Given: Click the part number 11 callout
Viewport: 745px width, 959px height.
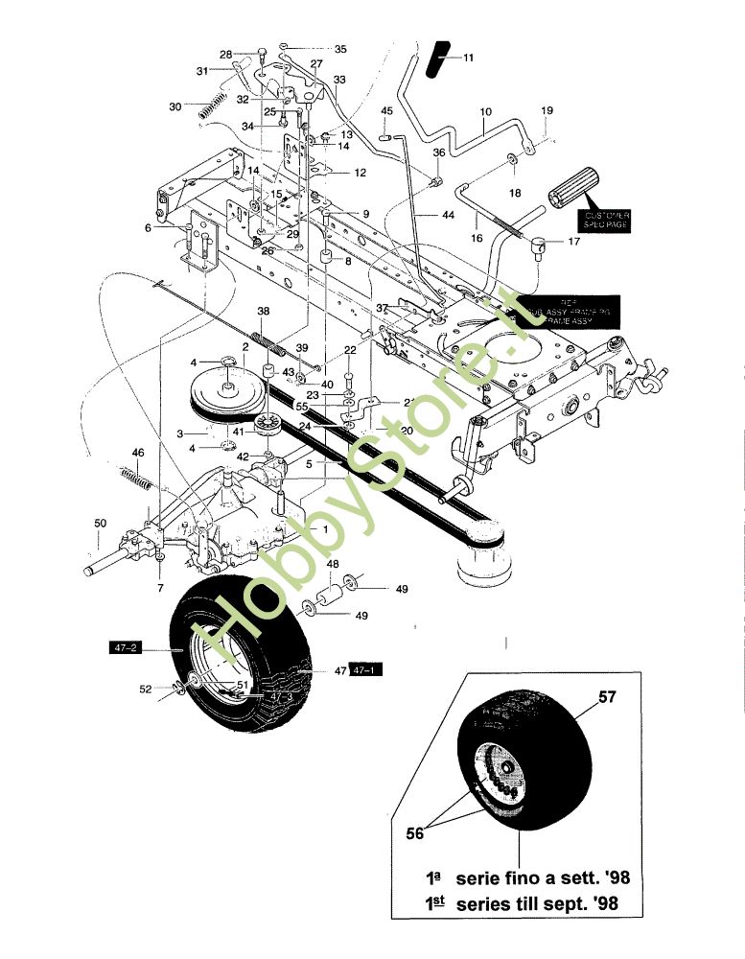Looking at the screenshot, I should click(468, 58).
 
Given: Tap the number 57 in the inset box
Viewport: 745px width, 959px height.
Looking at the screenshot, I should click(607, 697).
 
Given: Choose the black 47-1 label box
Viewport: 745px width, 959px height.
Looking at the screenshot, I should click(365, 671).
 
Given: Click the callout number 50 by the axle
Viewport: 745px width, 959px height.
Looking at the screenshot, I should click(101, 523).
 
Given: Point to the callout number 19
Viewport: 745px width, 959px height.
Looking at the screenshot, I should click(547, 111).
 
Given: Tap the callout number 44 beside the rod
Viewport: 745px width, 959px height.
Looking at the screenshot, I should click(448, 217).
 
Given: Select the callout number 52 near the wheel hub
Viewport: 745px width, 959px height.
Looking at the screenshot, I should click(146, 688).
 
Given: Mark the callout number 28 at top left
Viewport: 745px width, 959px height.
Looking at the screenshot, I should click(226, 54).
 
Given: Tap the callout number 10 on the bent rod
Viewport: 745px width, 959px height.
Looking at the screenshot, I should click(485, 112).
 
